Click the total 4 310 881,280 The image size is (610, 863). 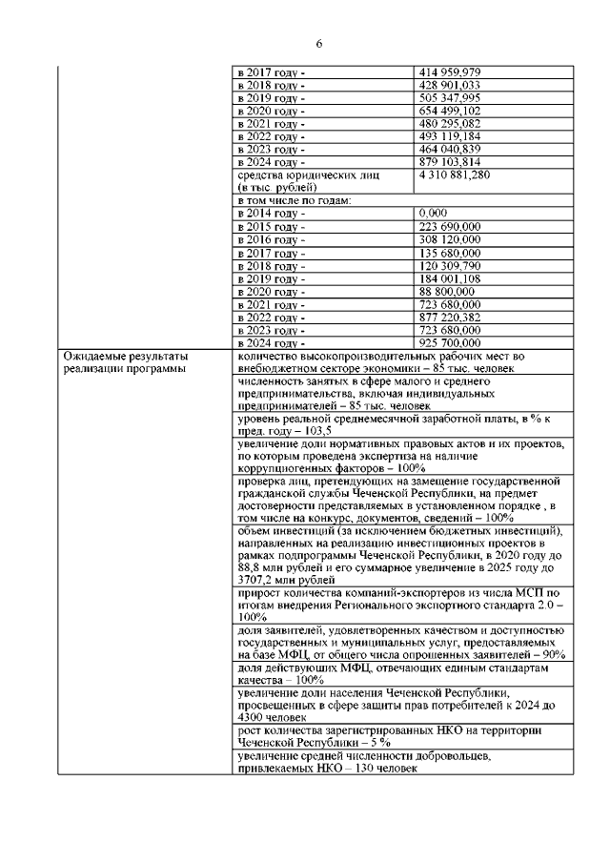tap(455, 175)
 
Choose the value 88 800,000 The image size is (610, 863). tap(446, 291)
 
